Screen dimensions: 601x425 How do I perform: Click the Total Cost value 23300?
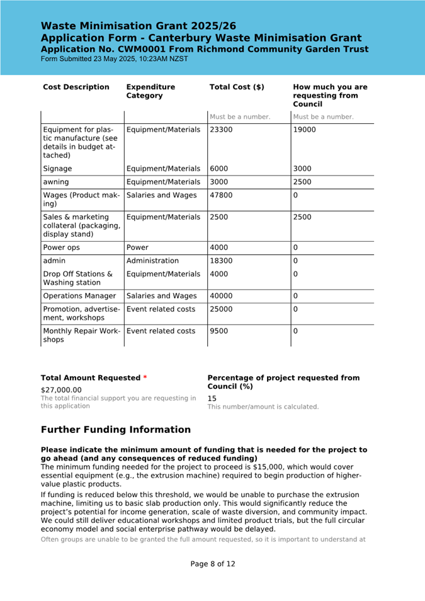(x=221, y=130)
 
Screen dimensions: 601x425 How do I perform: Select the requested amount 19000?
(x=305, y=130)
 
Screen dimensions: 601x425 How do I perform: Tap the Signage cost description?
(x=57, y=169)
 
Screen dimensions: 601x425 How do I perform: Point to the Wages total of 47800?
(x=221, y=196)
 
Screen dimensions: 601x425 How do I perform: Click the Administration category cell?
(x=152, y=261)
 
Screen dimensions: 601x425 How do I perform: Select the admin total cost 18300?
(x=221, y=261)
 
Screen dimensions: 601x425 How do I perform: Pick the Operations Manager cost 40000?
(x=221, y=296)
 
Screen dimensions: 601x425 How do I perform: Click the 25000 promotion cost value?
(x=221, y=310)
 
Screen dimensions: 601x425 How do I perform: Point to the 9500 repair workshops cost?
(x=219, y=332)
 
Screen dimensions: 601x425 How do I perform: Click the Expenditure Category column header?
(x=150, y=91)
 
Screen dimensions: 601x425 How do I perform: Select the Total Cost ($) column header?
(x=237, y=87)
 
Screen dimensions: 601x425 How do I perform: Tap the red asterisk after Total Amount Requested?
(x=145, y=378)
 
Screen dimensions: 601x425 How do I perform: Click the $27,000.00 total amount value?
(x=61, y=390)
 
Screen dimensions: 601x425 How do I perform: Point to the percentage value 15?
(x=212, y=398)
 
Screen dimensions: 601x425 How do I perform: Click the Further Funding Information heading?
(x=115, y=430)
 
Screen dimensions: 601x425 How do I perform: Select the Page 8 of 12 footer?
(x=213, y=564)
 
